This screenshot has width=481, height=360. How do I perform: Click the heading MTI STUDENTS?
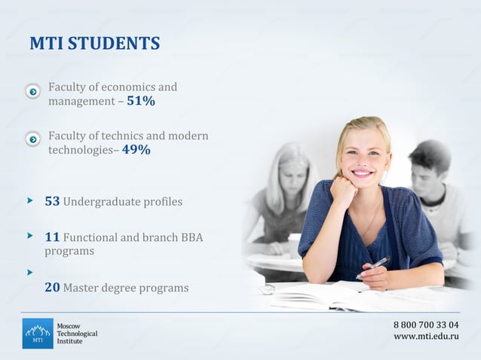(94, 44)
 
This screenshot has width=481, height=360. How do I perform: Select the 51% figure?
(140, 101)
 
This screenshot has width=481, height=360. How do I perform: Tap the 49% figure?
(136, 150)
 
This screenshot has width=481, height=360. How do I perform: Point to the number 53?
(52, 202)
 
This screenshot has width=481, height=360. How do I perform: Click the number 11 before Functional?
(52, 237)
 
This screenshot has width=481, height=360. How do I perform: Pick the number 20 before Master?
(52, 287)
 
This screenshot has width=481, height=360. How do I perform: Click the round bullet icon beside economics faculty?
(32, 92)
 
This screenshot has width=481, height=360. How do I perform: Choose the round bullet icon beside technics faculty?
(32, 139)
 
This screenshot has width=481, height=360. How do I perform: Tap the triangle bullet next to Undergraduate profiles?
(30, 200)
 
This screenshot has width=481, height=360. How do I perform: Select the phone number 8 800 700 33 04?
(426, 325)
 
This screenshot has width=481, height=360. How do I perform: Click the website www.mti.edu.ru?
(426, 336)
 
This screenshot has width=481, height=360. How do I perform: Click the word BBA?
(192, 238)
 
